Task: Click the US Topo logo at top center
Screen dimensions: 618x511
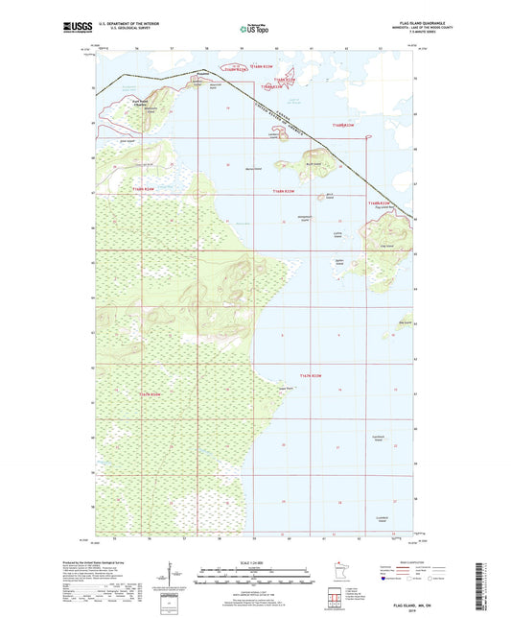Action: [256, 29]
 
